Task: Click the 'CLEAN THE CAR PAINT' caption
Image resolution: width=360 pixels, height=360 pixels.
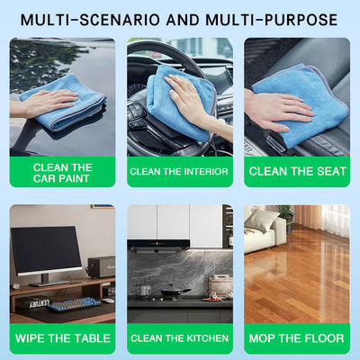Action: tap(62, 173)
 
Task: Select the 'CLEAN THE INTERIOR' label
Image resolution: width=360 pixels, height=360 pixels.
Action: tap(179, 172)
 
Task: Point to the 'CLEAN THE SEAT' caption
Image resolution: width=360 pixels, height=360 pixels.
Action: tap(298, 171)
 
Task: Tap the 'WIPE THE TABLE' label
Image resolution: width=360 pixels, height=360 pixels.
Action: tap(63, 338)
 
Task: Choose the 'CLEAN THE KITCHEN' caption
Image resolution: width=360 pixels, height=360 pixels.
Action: tap(179, 338)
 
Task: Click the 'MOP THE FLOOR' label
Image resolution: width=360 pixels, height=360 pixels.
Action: tap(297, 338)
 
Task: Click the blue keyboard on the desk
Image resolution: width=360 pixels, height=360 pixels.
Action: tap(73, 304)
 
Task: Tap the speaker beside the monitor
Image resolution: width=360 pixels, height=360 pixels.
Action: tap(102, 266)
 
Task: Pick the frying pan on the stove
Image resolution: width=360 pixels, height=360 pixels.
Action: tap(174, 292)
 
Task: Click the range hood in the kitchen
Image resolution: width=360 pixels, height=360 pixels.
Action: tap(158, 246)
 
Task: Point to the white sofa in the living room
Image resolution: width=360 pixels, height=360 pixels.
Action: tap(265, 231)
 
